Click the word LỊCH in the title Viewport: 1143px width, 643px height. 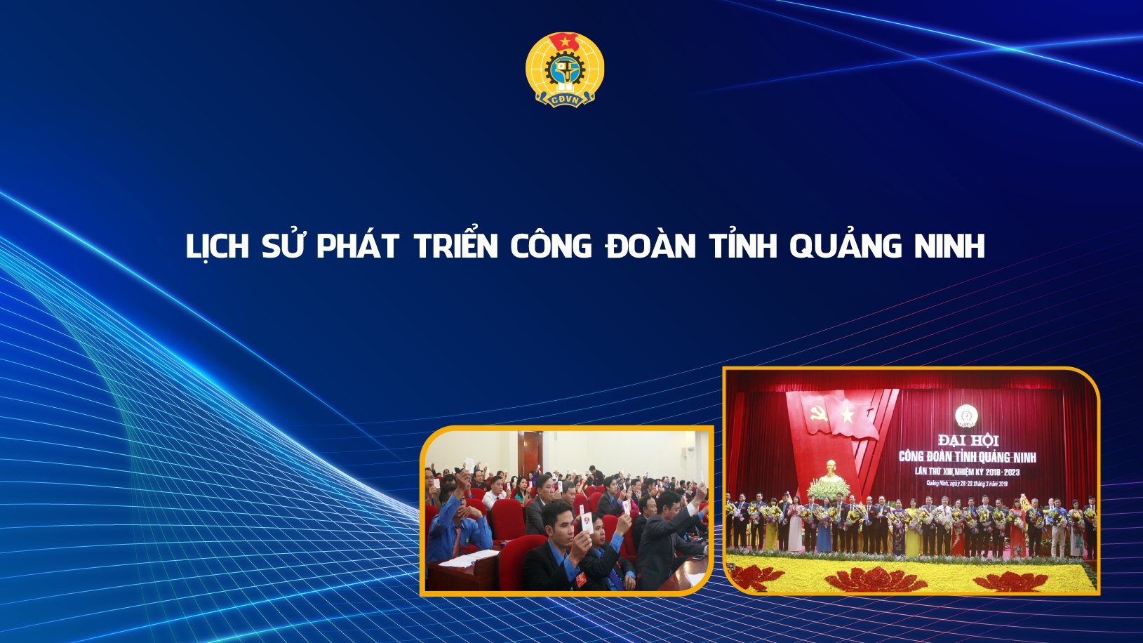[x=218, y=246]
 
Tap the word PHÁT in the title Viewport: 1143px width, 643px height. [x=357, y=246]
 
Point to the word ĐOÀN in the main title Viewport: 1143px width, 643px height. [x=650, y=246]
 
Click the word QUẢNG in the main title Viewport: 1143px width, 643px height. [x=845, y=246]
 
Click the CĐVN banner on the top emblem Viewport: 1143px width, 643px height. [x=565, y=100]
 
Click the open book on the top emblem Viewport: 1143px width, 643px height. [x=565, y=86]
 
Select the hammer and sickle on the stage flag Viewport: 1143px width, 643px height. [x=819, y=414]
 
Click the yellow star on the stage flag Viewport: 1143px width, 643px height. [x=848, y=416]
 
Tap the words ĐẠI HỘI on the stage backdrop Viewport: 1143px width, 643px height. [x=968, y=440]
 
